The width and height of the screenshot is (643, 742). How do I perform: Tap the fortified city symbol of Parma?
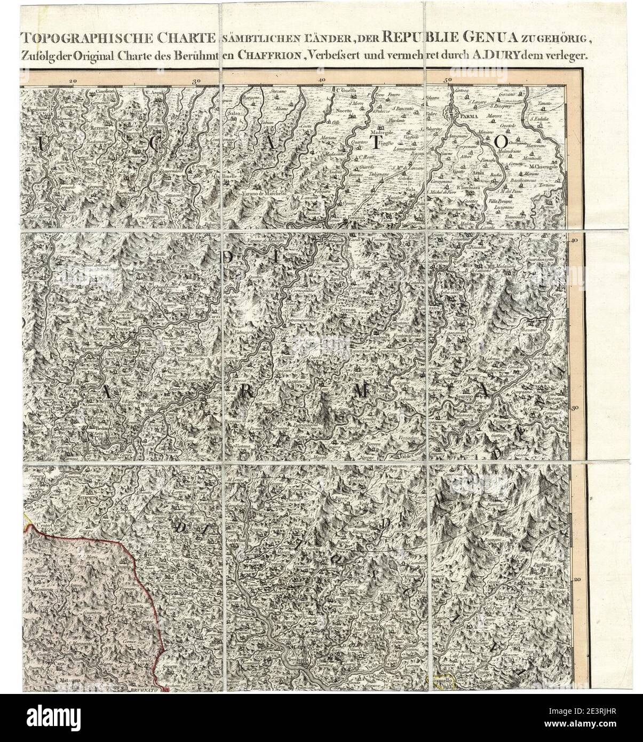point(453,113)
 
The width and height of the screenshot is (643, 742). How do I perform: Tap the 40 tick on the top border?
point(321,78)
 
